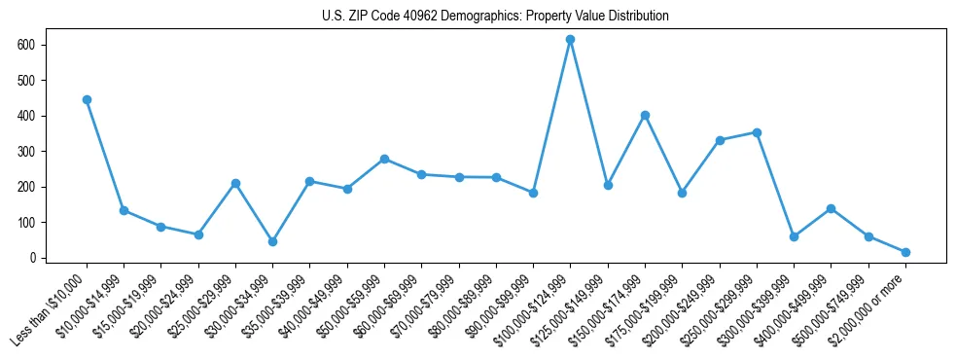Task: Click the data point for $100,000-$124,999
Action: (570, 39)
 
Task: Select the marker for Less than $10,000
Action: (87, 99)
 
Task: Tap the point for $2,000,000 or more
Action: (905, 252)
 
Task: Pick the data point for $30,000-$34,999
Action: (272, 241)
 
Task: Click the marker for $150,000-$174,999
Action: (645, 115)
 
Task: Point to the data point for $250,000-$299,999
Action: (757, 132)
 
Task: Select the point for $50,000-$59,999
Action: (384, 159)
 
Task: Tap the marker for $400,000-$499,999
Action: (831, 208)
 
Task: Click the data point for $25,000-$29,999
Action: (235, 183)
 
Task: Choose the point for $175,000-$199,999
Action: (682, 193)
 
